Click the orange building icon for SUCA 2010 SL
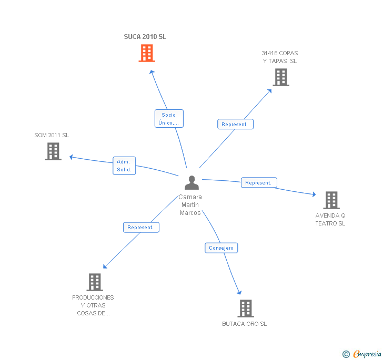147,53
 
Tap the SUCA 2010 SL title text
145,37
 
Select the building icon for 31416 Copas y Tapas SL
281,77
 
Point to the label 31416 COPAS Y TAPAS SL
280,57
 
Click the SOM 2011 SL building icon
53,151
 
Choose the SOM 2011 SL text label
52,135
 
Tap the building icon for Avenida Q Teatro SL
331,200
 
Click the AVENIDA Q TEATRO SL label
330,220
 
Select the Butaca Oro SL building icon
246,308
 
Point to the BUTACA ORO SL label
244,324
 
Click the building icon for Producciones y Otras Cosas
94,282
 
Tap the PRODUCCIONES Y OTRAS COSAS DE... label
93,305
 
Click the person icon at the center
192,183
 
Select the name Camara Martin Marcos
190,205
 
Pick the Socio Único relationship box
169,119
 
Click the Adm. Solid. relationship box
124,166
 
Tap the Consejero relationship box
221,248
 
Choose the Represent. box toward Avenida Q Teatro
258,183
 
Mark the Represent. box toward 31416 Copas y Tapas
235,125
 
